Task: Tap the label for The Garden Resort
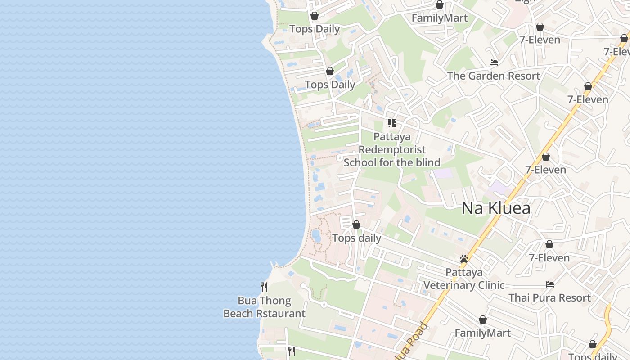(x=493, y=76)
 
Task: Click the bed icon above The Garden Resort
(x=494, y=63)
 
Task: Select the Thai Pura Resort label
(x=549, y=298)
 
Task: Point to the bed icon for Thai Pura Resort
(x=549, y=284)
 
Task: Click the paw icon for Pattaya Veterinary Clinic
(x=464, y=259)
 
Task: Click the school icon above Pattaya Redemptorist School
(x=392, y=123)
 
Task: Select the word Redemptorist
(x=392, y=149)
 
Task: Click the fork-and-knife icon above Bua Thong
(x=264, y=287)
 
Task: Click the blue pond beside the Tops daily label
(x=316, y=235)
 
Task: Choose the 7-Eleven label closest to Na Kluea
(x=545, y=170)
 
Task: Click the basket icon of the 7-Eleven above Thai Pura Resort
(x=549, y=245)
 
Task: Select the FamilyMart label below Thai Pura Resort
(x=482, y=333)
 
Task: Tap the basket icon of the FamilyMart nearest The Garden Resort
(x=439, y=5)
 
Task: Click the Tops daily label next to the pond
(x=356, y=238)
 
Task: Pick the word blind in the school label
(x=428, y=162)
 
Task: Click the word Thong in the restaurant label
(x=275, y=301)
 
